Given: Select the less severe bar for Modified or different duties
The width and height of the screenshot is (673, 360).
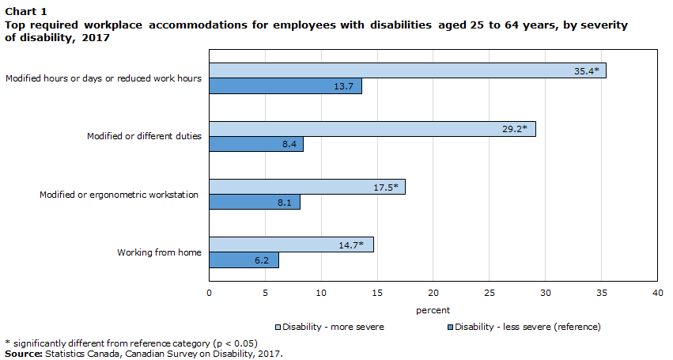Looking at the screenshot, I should pyautogui.click(x=256, y=144).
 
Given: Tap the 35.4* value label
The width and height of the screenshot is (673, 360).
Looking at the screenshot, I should pyautogui.click(x=586, y=71).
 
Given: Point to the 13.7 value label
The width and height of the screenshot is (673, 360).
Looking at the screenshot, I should pyautogui.click(x=343, y=86).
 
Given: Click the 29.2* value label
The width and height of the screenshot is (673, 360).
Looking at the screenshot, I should pyautogui.click(x=515, y=129).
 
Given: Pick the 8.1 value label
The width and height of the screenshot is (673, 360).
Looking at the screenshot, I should pyautogui.click(x=285, y=203).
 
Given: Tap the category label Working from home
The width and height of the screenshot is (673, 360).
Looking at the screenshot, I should pyautogui.click(x=159, y=252).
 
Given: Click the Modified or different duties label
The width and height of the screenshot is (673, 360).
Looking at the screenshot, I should pyautogui.click(x=144, y=136).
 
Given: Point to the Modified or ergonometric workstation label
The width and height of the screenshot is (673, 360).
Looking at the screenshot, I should pyautogui.click(x=119, y=195).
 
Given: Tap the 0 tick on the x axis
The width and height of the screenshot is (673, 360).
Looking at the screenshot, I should pyautogui.click(x=209, y=294).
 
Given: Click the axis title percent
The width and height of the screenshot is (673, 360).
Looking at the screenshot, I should pyautogui.click(x=433, y=310).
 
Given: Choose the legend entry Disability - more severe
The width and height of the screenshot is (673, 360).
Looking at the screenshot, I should pyautogui.click(x=333, y=326).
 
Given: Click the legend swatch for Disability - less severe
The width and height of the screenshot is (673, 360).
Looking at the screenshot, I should pyautogui.click(x=450, y=327).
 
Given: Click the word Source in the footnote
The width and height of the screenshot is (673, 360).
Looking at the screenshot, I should pyautogui.click(x=23, y=354).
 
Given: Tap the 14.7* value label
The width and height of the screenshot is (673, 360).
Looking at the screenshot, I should pyautogui.click(x=350, y=245).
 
